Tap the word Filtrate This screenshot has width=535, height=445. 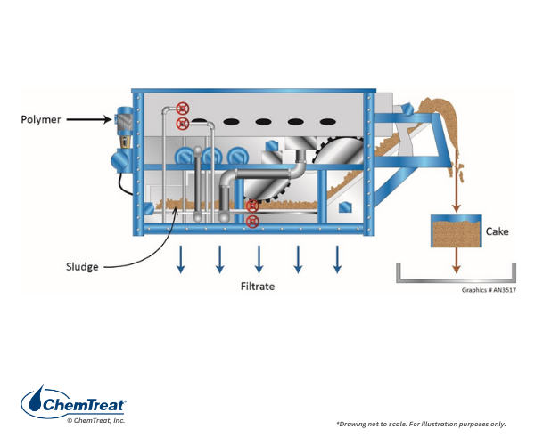tap(258, 287)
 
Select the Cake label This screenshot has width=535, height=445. tap(497, 231)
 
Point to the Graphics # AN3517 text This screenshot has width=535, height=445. tap(489, 289)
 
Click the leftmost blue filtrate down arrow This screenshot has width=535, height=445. tap(181, 259)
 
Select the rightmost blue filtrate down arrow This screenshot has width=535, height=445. tap(337, 259)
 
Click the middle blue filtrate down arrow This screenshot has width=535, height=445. tap(259, 259)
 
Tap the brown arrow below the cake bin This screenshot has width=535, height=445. tap(457, 260)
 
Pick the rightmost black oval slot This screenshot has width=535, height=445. tap(326, 122)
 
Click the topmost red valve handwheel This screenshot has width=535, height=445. tap(184, 108)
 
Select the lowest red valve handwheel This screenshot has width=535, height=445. tap(252, 221)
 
